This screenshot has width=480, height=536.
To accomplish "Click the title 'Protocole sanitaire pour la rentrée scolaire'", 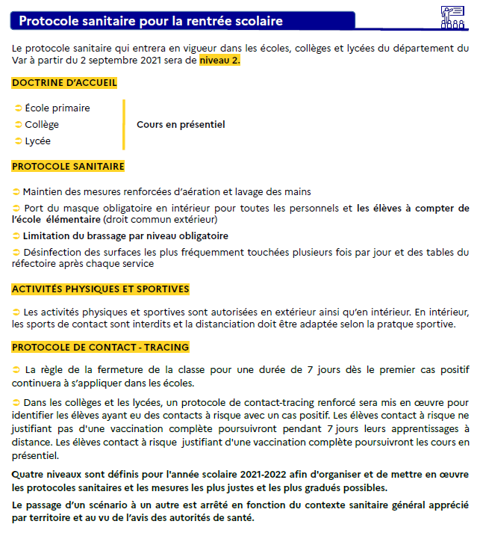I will click(151, 21).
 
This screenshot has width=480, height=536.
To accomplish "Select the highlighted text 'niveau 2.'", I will click(219, 61).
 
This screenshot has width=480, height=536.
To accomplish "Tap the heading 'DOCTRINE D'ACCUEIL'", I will click(64, 83).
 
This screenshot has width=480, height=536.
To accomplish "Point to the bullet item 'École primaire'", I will click(57, 108).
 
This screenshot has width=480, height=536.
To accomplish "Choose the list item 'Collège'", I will click(41, 125).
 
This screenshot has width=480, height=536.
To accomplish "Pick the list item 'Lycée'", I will click(37, 141).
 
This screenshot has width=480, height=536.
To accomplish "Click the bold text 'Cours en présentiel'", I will click(181, 125).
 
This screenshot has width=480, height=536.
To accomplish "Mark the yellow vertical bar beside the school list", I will click(123, 125).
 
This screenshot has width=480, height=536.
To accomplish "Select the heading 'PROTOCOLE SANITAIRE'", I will click(68, 166).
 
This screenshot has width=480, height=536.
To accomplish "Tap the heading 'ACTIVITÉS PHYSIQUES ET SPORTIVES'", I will click(101, 289).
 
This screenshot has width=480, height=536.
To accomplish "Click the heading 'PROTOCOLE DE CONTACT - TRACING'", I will click(101, 347).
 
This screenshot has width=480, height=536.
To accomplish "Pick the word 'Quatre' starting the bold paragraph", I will click(28, 475).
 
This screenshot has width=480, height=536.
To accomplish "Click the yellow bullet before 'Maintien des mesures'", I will click(16, 192).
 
